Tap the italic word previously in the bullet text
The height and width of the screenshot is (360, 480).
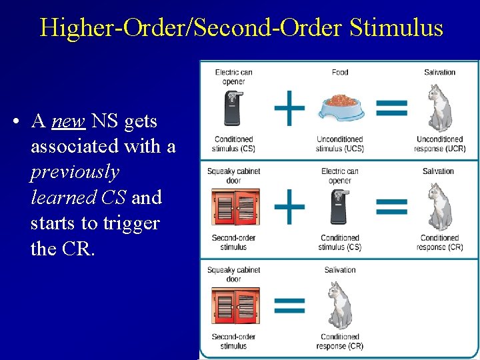[x=75, y=172]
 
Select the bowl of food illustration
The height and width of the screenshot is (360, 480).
[x=340, y=106]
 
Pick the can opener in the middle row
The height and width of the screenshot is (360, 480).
[x=339, y=207]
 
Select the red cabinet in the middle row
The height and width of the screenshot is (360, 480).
[x=234, y=207]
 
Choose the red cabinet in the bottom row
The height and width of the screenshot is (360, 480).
[x=234, y=307]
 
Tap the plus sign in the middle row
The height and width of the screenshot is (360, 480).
[x=290, y=206]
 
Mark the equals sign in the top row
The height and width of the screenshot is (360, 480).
[x=392, y=108]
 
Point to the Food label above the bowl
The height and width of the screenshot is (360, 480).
[x=339, y=72]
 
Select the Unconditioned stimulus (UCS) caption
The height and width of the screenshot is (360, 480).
[x=339, y=143]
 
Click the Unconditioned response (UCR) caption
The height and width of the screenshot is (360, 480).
[x=439, y=143]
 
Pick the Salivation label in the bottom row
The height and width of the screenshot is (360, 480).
[x=340, y=270]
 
